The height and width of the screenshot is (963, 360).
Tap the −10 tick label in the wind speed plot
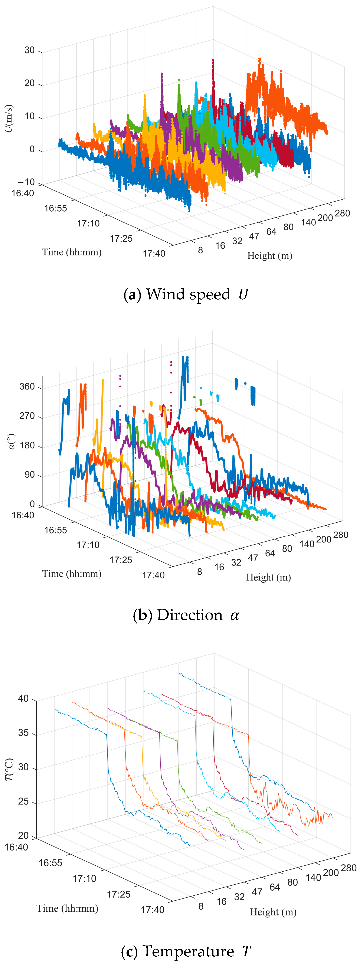[x=26, y=182]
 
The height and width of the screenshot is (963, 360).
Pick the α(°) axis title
[x=12, y=441]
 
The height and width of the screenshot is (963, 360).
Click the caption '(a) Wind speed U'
[x=186, y=294]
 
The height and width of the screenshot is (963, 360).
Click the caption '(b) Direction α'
[x=186, y=615]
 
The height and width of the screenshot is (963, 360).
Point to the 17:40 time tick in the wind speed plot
[x=154, y=254]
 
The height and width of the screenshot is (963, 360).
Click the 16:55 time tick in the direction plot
[x=55, y=530]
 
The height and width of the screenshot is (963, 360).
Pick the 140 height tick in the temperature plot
[x=313, y=877]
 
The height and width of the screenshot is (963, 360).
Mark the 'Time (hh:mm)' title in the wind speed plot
[x=72, y=252]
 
